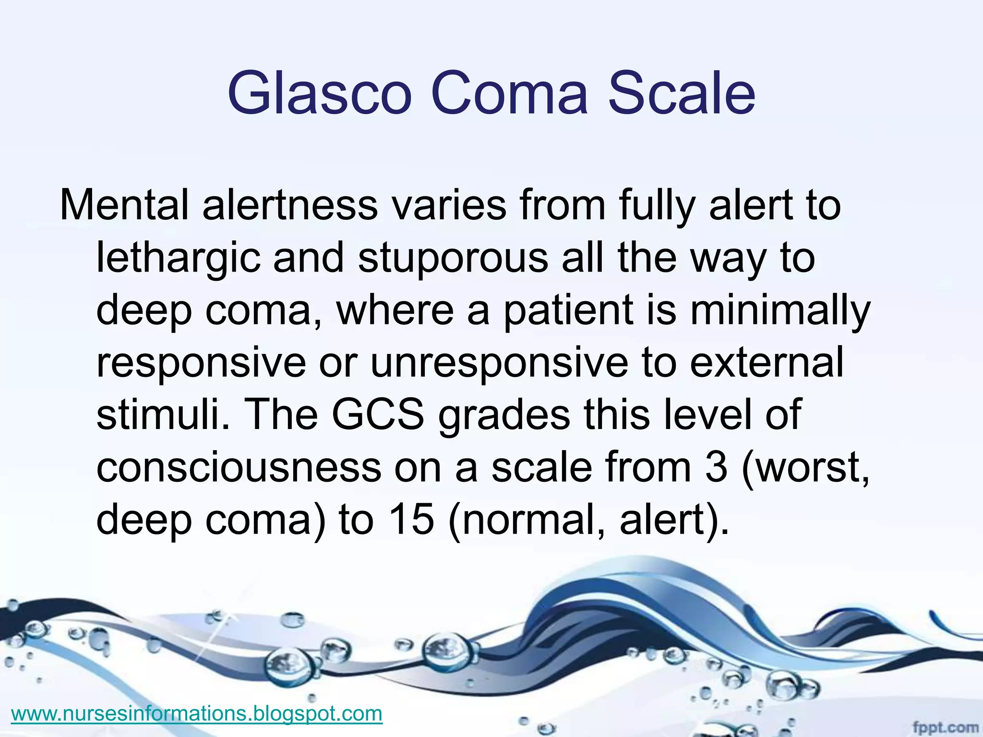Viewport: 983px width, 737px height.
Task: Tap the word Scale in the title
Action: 682,93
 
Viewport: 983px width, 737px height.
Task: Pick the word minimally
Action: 780,311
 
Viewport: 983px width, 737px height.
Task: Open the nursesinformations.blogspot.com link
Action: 196,713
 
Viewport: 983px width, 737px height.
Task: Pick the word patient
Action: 567,311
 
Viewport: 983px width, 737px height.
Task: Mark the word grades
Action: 504,416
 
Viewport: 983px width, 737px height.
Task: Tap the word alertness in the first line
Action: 290,205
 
